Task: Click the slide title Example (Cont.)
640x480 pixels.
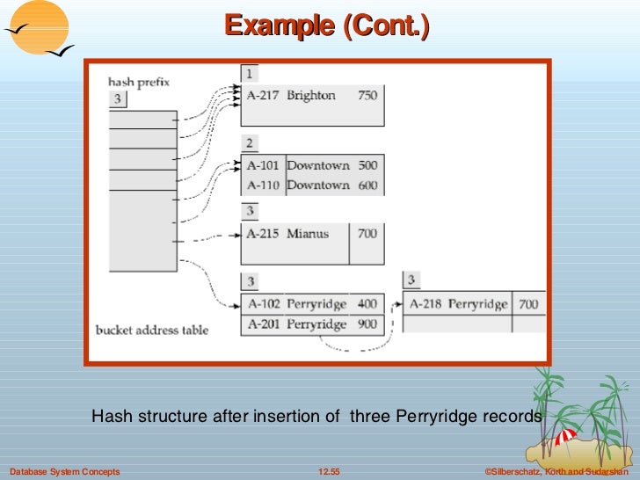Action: [326, 25]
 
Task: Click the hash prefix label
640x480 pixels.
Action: [139, 82]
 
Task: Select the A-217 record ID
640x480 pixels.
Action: [263, 95]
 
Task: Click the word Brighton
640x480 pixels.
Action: [311, 95]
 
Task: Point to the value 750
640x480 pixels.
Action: [367, 95]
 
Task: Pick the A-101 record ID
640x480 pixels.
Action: [263, 165]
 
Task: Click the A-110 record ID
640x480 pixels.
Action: [263, 185]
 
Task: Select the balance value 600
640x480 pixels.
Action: [367, 185]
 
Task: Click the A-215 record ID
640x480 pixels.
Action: [263, 234]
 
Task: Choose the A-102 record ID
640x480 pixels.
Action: [263, 304]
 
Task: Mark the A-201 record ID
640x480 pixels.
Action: [263, 324]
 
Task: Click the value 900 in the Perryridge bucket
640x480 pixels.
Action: [367, 324]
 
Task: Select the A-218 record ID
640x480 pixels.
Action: [425, 304]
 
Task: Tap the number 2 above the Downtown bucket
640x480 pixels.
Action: [250, 143]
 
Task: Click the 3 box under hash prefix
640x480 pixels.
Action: [117, 98]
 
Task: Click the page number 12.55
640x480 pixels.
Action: [329, 472]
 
